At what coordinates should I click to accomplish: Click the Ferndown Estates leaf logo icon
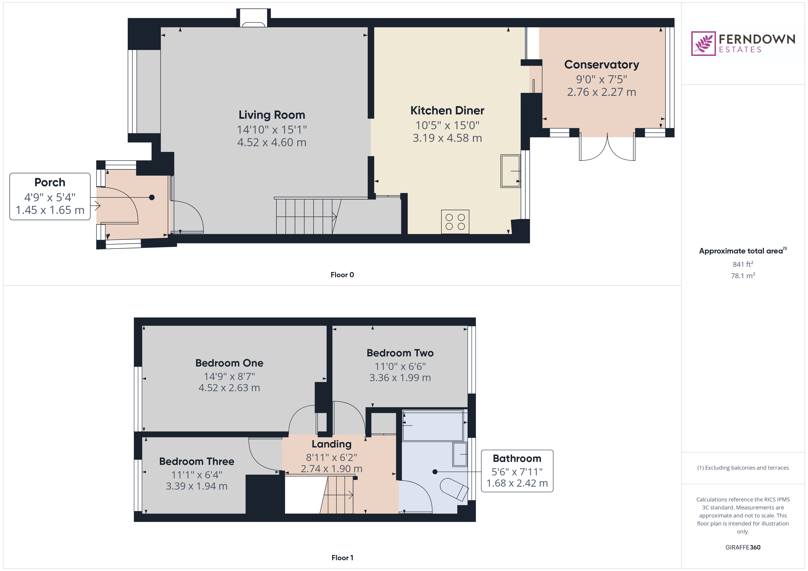coord(703,44)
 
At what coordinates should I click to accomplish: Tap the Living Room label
coord(272,115)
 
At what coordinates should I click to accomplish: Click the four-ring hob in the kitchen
coord(455,222)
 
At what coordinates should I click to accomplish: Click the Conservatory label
coord(601,65)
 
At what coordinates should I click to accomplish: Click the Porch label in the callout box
coord(50,183)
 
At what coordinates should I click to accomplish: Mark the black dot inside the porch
coord(152,198)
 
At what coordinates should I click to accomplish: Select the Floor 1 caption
coord(342,558)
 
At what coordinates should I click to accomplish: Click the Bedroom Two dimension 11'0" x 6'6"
coord(400,366)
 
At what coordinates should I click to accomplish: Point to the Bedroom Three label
coord(197,461)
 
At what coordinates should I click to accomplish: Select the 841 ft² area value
coord(743,264)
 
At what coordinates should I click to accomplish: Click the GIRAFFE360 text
coord(743,547)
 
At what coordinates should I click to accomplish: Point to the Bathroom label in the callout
coord(517,458)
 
